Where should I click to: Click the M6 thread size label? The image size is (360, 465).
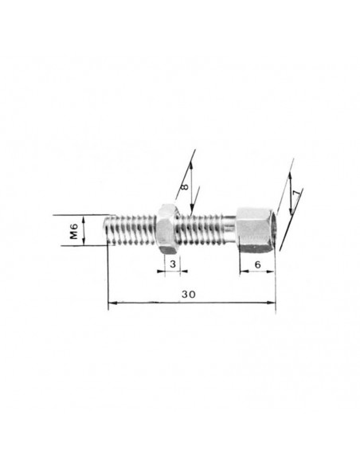point(74,231)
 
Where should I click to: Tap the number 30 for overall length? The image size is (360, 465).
point(189,295)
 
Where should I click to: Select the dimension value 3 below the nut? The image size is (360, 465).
point(173,264)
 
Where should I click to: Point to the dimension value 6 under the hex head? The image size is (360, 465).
point(257,264)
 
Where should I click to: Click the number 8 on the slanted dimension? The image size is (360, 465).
point(185,186)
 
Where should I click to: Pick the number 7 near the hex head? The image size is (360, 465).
point(297,192)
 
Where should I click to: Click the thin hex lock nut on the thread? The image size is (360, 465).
point(168,229)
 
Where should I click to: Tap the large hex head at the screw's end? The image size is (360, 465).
point(256,230)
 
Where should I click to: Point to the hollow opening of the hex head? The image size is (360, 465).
point(276,230)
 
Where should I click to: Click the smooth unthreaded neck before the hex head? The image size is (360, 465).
point(229,227)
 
